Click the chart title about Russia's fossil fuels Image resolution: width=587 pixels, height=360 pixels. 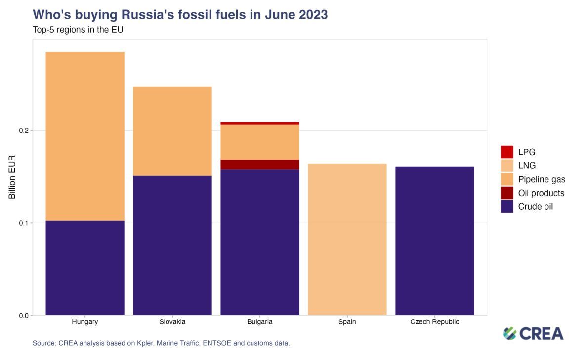[x=180, y=15]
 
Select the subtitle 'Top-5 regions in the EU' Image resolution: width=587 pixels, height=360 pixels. [x=78, y=30]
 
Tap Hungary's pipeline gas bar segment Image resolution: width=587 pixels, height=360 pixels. [x=84, y=136]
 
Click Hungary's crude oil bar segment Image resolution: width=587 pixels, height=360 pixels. [x=84, y=267]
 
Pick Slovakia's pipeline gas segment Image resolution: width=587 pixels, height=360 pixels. [x=172, y=131]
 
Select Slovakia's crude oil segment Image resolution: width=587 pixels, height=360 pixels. [x=172, y=245]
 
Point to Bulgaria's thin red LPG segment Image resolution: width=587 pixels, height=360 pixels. [x=260, y=123]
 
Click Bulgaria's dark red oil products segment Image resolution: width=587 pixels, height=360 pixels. [x=260, y=164]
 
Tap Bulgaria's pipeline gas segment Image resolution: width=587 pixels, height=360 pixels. [x=260, y=142]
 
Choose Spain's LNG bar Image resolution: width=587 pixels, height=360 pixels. [x=347, y=239]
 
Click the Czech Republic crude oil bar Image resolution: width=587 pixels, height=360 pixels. [x=435, y=240]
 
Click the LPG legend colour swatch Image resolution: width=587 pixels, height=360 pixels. [x=507, y=152]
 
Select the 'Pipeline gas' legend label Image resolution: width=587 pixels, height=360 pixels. [x=542, y=179]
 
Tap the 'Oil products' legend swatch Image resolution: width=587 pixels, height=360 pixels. [x=507, y=193]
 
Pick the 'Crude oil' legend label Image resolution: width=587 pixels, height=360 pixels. [x=536, y=207]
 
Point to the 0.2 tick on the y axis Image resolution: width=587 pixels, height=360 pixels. [x=23, y=131]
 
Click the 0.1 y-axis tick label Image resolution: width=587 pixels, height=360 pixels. [x=23, y=223]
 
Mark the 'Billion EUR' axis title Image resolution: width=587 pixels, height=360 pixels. [x=12, y=177]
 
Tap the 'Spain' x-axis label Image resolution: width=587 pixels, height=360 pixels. [x=347, y=322]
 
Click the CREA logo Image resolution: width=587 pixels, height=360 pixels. [x=533, y=333]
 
